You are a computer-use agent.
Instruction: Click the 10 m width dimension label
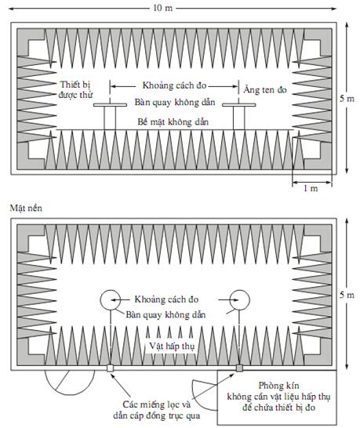[x=163, y=8]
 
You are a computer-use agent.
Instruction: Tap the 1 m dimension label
[x=311, y=188]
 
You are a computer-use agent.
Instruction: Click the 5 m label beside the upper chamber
[x=347, y=98]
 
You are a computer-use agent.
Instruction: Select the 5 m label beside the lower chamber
[x=347, y=295]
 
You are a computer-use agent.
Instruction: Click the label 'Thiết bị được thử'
[x=75, y=89]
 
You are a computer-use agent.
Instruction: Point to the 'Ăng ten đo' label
[x=265, y=89]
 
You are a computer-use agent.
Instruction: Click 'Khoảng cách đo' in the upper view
[x=174, y=85]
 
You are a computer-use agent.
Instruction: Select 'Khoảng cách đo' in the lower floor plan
[x=166, y=299]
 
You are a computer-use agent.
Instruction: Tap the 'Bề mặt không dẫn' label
[x=173, y=122]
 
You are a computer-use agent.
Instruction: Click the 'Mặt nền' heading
[x=26, y=209]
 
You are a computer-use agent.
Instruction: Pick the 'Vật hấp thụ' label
[x=172, y=346]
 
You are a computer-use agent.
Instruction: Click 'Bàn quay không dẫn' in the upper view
[x=175, y=103]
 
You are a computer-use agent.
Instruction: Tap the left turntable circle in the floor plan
[x=110, y=290]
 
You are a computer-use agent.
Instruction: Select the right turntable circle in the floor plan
[x=239, y=290]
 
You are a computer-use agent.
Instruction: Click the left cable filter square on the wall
[x=110, y=368]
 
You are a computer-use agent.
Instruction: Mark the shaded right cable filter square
[x=239, y=368]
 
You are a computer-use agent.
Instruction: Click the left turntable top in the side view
[x=110, y=105]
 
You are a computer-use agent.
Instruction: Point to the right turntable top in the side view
[x=239, y=105]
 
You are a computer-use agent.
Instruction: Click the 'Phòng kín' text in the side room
[x=278, y=386]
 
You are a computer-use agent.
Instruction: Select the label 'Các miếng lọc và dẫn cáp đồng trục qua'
[x=157, y=410]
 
